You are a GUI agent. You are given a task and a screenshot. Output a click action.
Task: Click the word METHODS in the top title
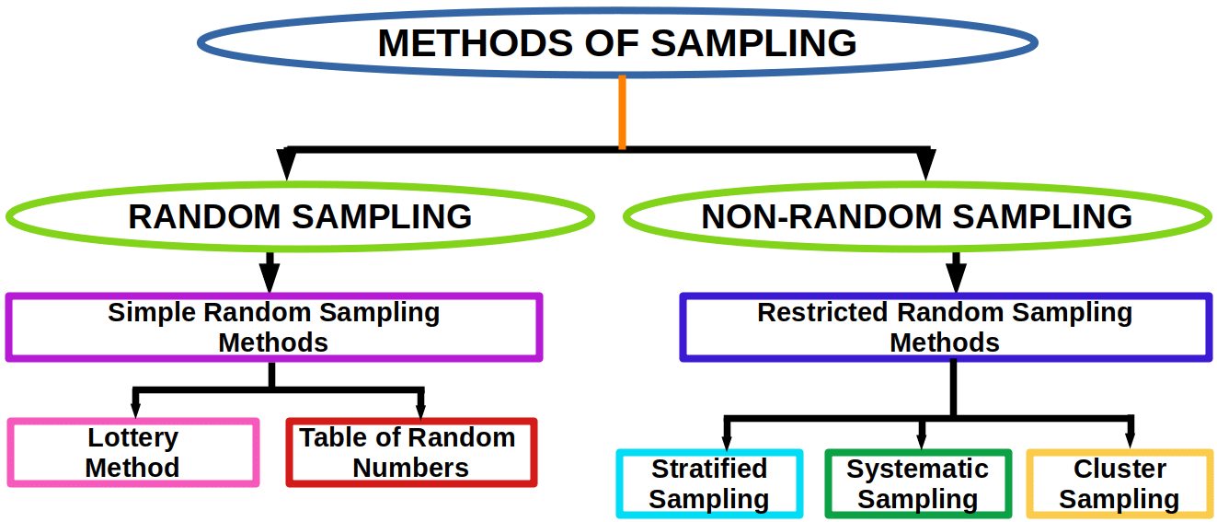pos(475,43)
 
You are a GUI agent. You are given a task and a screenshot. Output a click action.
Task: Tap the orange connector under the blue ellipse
pos(622,111)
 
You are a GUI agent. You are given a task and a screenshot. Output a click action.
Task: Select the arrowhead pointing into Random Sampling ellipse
pos(286,164)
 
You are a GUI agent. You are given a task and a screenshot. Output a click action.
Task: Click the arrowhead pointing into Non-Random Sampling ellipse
pos(925,164)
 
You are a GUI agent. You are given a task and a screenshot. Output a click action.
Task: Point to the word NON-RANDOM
pos(821,216)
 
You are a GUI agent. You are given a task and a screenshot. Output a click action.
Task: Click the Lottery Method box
pos(133,452)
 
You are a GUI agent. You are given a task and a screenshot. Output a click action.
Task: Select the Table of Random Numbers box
pos(411,452)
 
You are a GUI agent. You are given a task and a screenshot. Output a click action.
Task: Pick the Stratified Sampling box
pos(709,483)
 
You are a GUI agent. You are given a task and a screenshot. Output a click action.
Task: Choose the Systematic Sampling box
pos(918,483)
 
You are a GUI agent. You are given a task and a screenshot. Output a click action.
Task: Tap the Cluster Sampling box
pos(1119,483)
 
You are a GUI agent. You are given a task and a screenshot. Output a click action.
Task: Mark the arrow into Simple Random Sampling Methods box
pos(270,273)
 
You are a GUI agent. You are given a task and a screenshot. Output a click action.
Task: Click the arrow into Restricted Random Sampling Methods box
pos(957,273)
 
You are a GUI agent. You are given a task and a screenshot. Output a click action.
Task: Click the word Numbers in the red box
pos(411,469)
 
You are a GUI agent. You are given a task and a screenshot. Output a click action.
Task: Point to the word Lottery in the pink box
pos(133,438)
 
